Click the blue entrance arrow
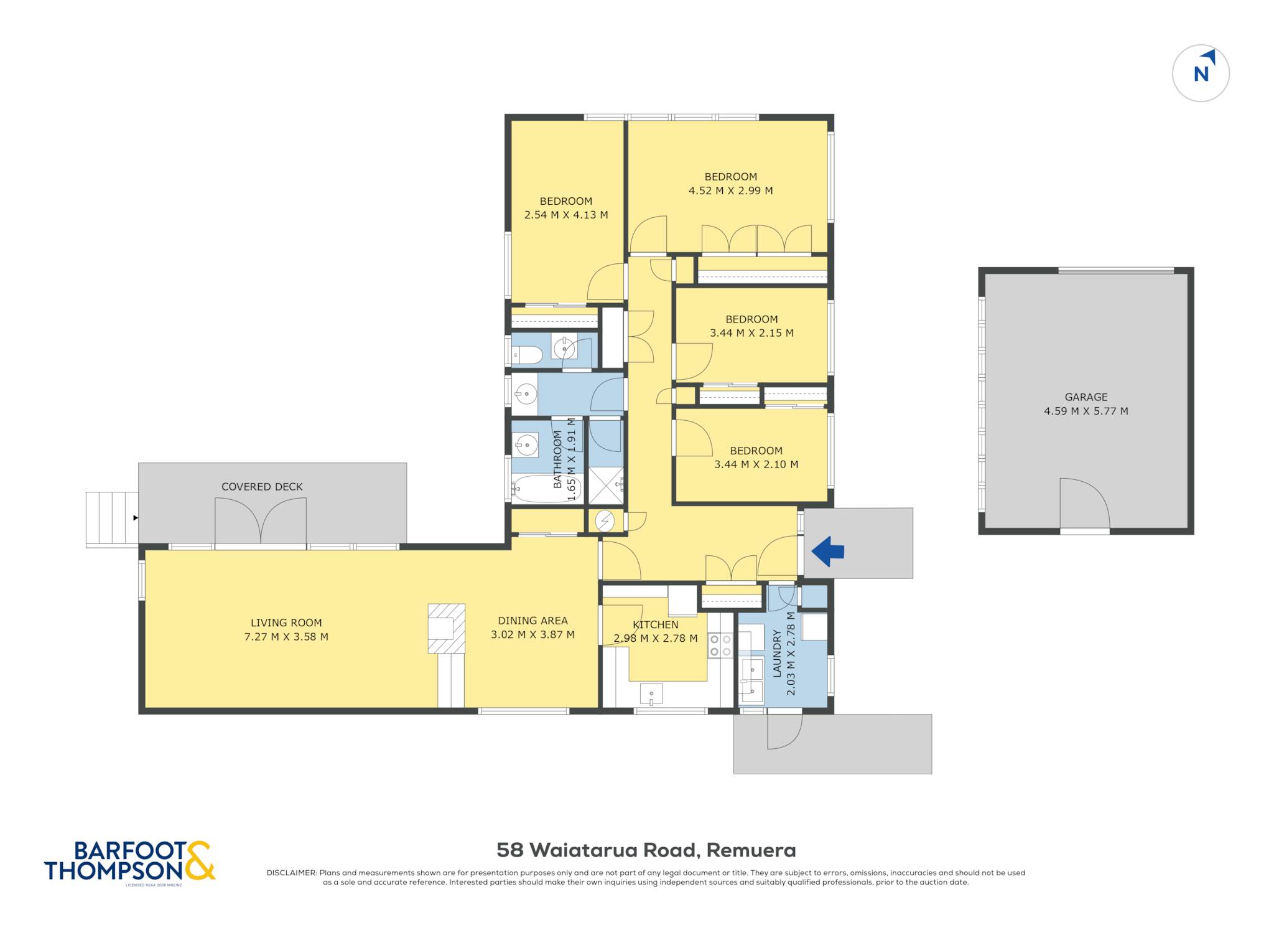[828, 552]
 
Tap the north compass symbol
[1201, 73]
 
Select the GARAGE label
[1086, 397]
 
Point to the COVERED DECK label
[262, 487]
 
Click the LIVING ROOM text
[286, 622]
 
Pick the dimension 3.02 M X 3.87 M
[532, 635]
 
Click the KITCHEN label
[655, 625]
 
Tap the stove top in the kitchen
[720, 645]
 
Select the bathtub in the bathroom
[547, 489]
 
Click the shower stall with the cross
[606, 486]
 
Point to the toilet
[527, 355]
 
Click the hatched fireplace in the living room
[447, 628]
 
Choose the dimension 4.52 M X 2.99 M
[730, 191]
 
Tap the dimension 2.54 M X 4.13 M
[566, 215]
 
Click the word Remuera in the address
[751, 850]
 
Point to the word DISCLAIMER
[292, 873]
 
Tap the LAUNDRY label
[777, 653]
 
